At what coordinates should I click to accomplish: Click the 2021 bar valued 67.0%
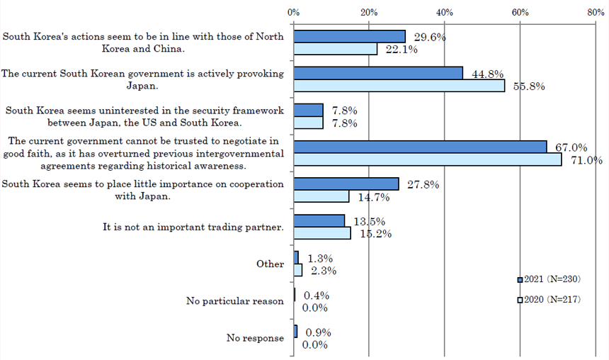pos(420,147)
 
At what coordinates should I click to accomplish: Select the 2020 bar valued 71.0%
pos(428,159)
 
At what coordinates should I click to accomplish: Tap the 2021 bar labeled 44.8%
pos(378,73)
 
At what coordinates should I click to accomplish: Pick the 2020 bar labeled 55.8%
pos(399,86)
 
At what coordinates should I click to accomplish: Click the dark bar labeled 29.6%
pos(349,36)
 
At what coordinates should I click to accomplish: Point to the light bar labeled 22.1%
pos(335,49)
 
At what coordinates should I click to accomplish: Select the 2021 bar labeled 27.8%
pos(346,184)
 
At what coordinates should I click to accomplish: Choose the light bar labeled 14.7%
pos(321,196)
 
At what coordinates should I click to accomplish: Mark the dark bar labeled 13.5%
pos(319,221)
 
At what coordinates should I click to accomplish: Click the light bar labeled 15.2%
pos(322,233)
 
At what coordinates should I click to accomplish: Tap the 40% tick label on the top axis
pos(444,12)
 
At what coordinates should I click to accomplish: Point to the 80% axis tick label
pos(596,12)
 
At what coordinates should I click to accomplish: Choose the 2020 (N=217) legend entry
pos(549,300)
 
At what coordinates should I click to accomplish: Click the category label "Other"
pos(270,264)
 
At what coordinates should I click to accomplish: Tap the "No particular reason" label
pos(235,301)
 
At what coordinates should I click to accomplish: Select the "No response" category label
pos(255,338)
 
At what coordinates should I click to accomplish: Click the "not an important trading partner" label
pos(193,227)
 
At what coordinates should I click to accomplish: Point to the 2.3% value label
pos(324,271)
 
